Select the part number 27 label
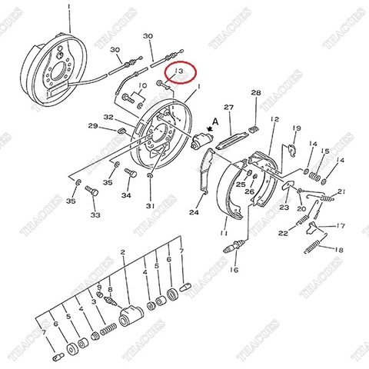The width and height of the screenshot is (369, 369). (228, 107)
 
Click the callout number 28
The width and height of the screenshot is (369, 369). (256, 93)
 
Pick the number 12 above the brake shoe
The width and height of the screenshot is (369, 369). (274, 120)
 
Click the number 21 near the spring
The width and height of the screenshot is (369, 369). (341, 191)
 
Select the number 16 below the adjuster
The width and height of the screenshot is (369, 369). (235, 270)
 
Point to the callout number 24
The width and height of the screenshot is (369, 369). (194, 213)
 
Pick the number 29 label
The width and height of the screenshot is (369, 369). (92, 126)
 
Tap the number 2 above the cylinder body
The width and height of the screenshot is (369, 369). (121, 252)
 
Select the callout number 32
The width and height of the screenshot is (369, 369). (109, 118)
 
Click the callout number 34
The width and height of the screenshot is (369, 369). (126, 195)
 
